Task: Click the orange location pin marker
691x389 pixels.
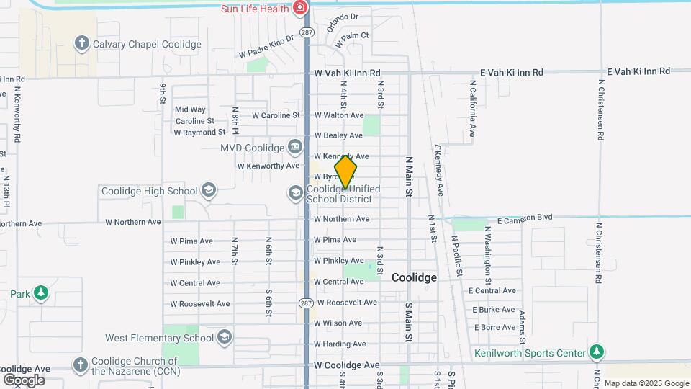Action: click(345, 171)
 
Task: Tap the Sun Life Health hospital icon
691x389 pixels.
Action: click(300, 8)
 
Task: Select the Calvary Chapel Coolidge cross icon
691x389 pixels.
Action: click(82, 44)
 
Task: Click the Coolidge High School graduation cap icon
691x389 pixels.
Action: click(209, 191)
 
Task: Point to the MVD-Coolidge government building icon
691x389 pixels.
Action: click(295, 148)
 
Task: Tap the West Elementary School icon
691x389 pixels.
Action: click(225, 338)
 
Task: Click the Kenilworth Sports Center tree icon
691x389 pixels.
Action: click(596, 353)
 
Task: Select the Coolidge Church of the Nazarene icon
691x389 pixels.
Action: click(80, 365)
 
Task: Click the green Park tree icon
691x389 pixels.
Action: click(41, 293)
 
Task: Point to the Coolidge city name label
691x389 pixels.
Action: click(414, 277)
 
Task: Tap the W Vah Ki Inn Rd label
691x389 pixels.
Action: click(347, 73)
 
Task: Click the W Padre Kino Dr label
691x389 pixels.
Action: click(267, 45)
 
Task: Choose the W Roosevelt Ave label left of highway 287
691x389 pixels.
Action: click(199, 303)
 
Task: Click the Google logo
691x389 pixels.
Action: click(24, 380)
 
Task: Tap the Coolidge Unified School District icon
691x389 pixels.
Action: click(295, 193)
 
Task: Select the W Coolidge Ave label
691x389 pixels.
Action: click(347, 365)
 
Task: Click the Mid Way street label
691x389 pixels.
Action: click(190, 109)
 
